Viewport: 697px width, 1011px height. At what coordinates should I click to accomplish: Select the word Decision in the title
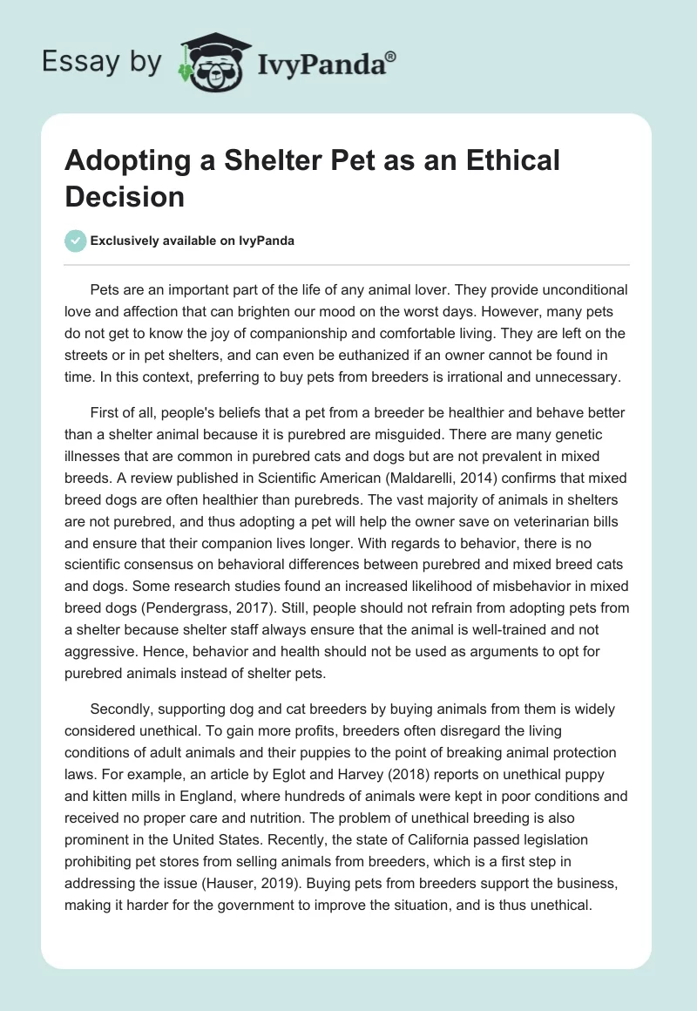point(125,196)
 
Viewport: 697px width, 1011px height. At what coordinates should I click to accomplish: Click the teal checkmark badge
point(77,241)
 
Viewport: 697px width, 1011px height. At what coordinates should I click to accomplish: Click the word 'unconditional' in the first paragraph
point(572,288)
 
